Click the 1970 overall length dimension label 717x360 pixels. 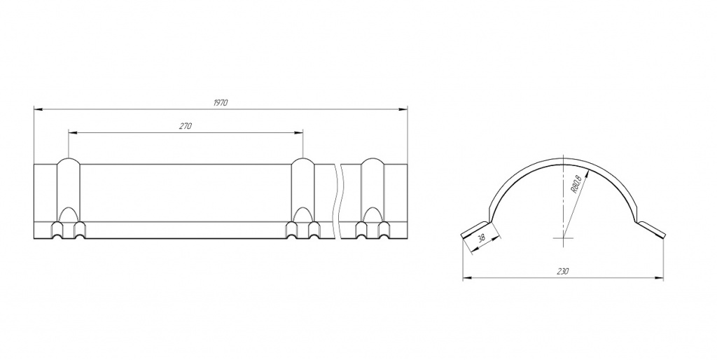(220, 103)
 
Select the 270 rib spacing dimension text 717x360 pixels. (185, 126)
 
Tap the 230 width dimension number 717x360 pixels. (562, 272)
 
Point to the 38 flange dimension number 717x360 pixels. (481, 238)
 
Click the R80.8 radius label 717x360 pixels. (576, 184)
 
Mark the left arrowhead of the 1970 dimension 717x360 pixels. (39, 109)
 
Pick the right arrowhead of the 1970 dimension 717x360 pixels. (403, 109)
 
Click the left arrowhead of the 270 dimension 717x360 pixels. (73, 132)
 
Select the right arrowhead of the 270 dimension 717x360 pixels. (298, 132)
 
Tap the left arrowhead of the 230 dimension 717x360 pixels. (467, 277)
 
